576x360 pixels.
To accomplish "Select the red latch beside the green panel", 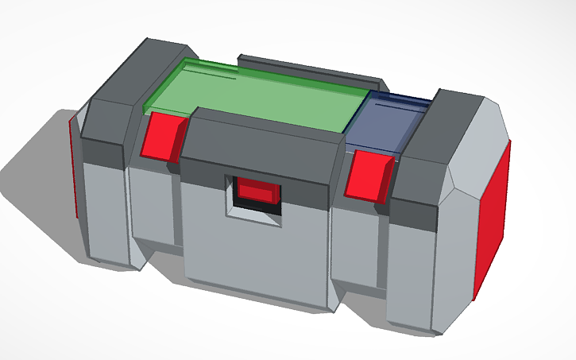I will tap(162, 136).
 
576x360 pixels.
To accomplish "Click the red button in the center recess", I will tap(257, 192).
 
